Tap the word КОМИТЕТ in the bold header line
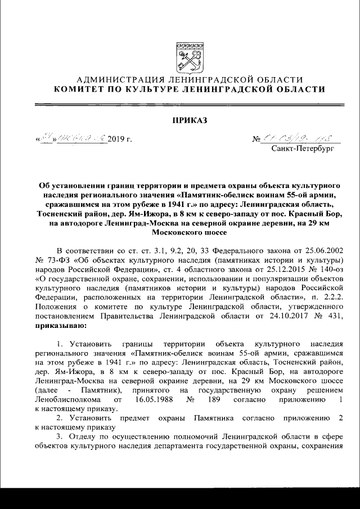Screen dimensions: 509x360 [x=80, y=89]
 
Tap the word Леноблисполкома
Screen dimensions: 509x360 [x=70, y=400]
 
